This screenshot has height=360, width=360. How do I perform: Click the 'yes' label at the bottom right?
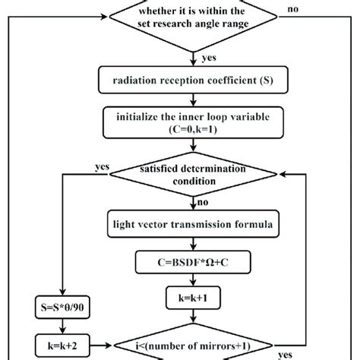(285, 354)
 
